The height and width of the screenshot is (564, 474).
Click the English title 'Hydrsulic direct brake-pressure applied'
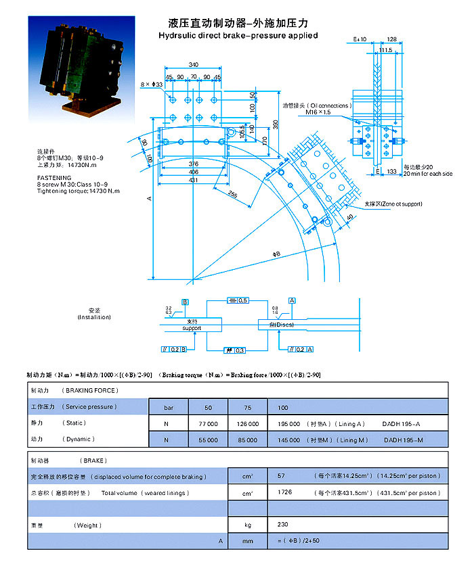[238, 35]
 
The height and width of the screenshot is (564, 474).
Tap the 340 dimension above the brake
[194, 64]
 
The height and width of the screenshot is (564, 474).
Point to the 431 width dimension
[194, 179]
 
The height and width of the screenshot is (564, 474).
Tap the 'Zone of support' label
[393, 204]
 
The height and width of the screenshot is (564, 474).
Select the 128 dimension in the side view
[391, 40]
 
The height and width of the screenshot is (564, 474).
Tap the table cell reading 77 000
[208, 423]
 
